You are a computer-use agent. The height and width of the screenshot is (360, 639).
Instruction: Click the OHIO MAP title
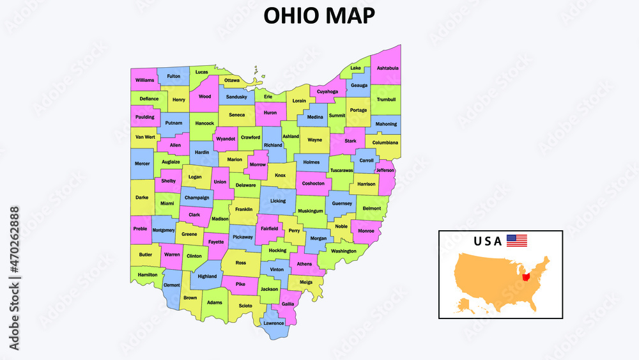[319, 16]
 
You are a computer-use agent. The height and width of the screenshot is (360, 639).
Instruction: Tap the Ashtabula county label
[388, 68]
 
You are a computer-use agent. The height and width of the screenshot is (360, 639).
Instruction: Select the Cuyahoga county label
[327, 91]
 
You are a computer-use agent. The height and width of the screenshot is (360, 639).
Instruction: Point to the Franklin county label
[243, 209]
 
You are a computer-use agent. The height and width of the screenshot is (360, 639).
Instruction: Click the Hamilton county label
[148, 274]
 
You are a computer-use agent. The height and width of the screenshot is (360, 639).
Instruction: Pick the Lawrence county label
[273, 323]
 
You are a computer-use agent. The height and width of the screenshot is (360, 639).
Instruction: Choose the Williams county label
[145, 80]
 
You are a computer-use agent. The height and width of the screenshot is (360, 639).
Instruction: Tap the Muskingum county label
[311, 210]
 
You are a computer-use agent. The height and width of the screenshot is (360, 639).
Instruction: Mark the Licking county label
[278, 201]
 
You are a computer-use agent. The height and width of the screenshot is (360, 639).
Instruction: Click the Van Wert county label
[145, 137]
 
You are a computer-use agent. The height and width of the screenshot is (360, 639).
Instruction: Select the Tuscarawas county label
[342, 171]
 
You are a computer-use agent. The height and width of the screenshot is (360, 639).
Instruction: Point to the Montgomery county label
[164, 230]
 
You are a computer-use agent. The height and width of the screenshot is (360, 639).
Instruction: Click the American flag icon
[517, 241]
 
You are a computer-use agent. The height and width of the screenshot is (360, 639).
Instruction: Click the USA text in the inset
[488, 242]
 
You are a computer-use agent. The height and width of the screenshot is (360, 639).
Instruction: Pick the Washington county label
[344, 251]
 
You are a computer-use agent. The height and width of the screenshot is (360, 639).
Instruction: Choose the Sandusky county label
[236, 97]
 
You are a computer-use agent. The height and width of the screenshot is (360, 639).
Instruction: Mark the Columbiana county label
[385, 143]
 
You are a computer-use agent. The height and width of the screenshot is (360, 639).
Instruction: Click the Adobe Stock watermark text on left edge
[13, 278]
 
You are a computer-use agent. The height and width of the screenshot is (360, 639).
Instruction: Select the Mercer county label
[142, 163]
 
